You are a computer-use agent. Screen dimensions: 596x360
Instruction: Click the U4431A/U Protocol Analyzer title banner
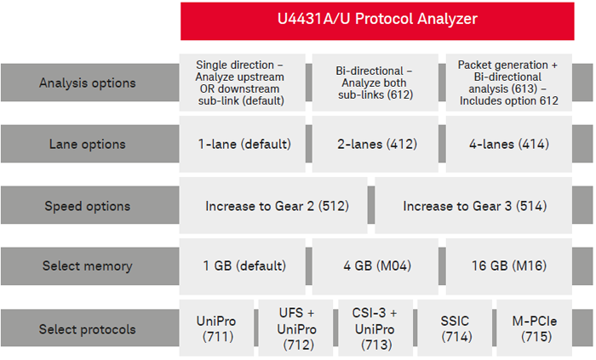[377, 21]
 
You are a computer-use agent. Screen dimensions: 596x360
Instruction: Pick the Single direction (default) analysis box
[243, 83]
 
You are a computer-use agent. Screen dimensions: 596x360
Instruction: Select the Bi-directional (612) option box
[375, 83]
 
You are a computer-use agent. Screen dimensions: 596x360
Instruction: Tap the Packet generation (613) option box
[509, 83]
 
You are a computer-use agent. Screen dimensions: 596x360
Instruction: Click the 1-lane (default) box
[243, 144]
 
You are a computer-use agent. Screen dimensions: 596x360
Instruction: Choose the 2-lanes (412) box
[375, 144]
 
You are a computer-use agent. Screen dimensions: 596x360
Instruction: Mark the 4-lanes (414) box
[509, 144]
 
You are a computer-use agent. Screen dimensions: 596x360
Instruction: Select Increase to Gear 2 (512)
[273, 205]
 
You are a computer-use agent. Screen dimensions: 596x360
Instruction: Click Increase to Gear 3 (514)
[473, 205]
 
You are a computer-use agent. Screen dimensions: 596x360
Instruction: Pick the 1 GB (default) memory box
[243, 266]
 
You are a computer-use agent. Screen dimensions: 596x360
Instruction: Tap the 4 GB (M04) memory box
[375, 266]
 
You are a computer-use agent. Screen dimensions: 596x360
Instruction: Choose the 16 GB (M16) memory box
[509, 266]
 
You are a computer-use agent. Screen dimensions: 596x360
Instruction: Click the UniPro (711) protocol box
[216, 329]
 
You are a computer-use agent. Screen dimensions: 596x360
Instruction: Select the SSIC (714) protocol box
[455, 329]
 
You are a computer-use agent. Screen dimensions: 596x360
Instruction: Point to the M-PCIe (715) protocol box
[535, 329]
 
